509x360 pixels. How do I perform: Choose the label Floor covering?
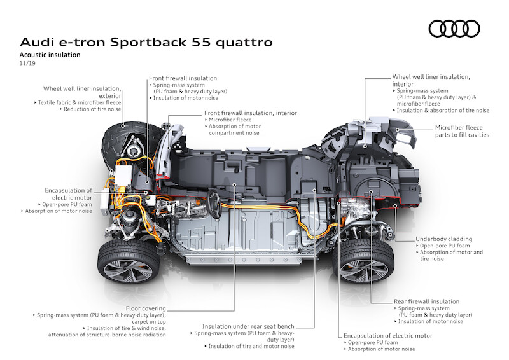click(145, 307)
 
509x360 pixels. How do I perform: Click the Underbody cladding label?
click(443, 239)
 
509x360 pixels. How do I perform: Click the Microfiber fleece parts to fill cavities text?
click(453, 131)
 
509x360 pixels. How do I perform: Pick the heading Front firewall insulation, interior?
click(251, 113)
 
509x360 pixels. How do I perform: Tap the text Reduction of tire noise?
click(91, 109)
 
